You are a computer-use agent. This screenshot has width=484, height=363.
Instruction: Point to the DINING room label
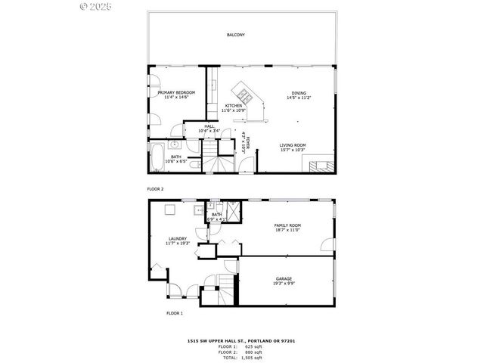(299, 93)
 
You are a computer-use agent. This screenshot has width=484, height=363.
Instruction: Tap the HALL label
(208, 127)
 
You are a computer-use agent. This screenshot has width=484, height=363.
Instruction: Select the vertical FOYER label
(245, 142)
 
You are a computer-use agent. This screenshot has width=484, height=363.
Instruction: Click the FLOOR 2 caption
(155, 188)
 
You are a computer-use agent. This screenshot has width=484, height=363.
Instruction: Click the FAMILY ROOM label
(287, 225)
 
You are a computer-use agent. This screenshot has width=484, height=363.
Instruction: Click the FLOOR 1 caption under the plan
(175, 312)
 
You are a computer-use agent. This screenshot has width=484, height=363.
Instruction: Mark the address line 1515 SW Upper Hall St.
(241, 340)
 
